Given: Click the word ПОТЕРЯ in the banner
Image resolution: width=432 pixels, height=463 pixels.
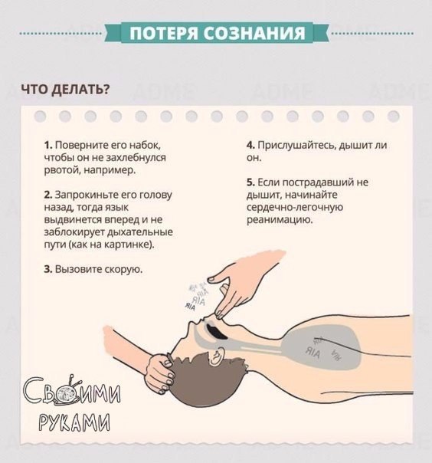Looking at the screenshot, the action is click(x=163, y=33).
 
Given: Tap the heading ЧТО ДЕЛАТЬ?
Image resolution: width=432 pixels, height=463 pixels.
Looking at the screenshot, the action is click(x=65, y=90).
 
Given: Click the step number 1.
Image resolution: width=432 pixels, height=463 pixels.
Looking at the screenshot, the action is click(x=48, y=146).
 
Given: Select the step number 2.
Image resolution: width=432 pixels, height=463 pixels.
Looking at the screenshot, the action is click(x=48, y=195).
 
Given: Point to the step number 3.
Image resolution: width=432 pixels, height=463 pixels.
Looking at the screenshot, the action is click(x=48, y=269).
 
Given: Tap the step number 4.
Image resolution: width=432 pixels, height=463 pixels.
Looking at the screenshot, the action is click(x=250, y=146).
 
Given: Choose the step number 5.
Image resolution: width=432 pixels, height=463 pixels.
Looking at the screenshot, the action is click(x=250, y=182).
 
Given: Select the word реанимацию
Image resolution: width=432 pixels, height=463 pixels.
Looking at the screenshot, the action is click(x=280, y=220).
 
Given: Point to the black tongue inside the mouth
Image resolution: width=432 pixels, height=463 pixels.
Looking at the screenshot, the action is click(x=216, y=332).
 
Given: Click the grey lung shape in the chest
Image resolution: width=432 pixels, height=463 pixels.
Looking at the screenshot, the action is click(x=321, y=349).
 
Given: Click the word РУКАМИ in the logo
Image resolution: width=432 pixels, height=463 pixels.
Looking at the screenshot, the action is click(x=74, y=422).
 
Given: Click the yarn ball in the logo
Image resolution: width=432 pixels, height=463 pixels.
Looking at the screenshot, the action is click(x=67, y=395).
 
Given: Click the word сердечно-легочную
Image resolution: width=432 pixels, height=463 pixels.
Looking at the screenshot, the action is click(x=294, y=208).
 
